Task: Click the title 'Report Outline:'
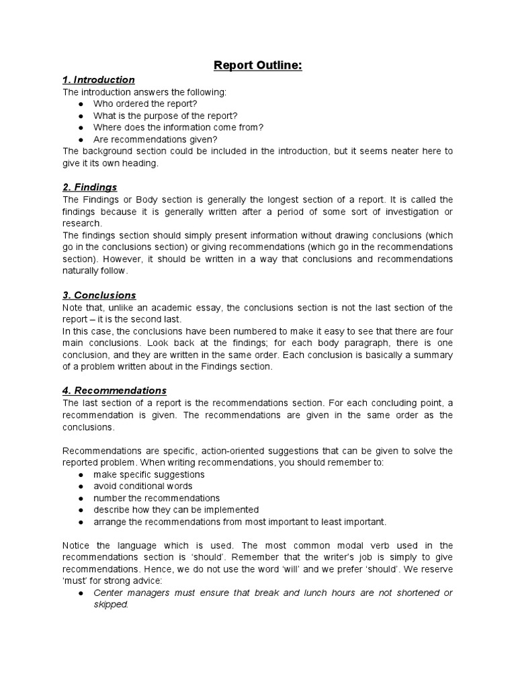pyautogui.click(x=258, y=65)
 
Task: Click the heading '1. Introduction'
pyautogui.click(x=99, y=80)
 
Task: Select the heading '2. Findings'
pyautogui.click(x=90, y=187)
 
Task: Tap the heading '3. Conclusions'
pyautogui.click(x=99, y=295)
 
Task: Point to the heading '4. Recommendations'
pyautogui.click(x=115, y=390)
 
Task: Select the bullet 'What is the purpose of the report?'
pyautogui.click(x=165, y=115)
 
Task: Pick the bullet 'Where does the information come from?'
pyautogui.click(x=178, y=127)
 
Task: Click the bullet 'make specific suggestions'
pyautogui.click(x=148, y=474)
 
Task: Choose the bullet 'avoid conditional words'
pyautogui.click(x=142, y=486)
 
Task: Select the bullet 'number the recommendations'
pyautogui.click(x=156, y=498)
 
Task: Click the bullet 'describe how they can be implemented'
pyautogui.click(x=176, y=510)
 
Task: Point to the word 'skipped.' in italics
pyautogui.click(x=111, y=604)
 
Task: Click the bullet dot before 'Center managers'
pyautogui.click(x=81, y=593)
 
